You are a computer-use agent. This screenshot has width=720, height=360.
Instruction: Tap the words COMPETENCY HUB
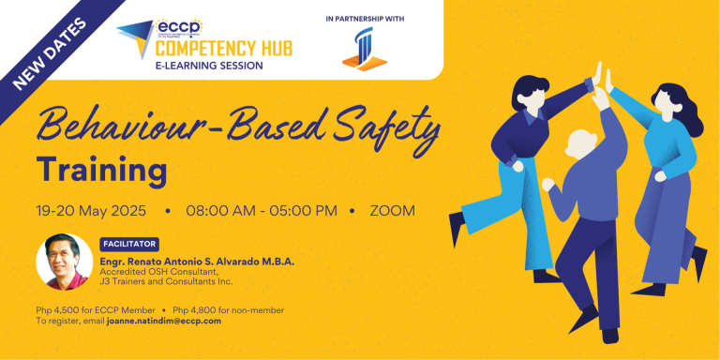(209, 48)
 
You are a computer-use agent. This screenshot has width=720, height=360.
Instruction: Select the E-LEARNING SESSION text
(209, 67)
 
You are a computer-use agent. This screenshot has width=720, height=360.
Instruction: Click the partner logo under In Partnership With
(364, 48)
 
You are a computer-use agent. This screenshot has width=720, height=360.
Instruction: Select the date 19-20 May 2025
(93, 210)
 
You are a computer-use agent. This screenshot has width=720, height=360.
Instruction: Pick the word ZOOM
(392, 210)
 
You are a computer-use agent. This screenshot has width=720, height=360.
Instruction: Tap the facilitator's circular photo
(64, 262)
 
